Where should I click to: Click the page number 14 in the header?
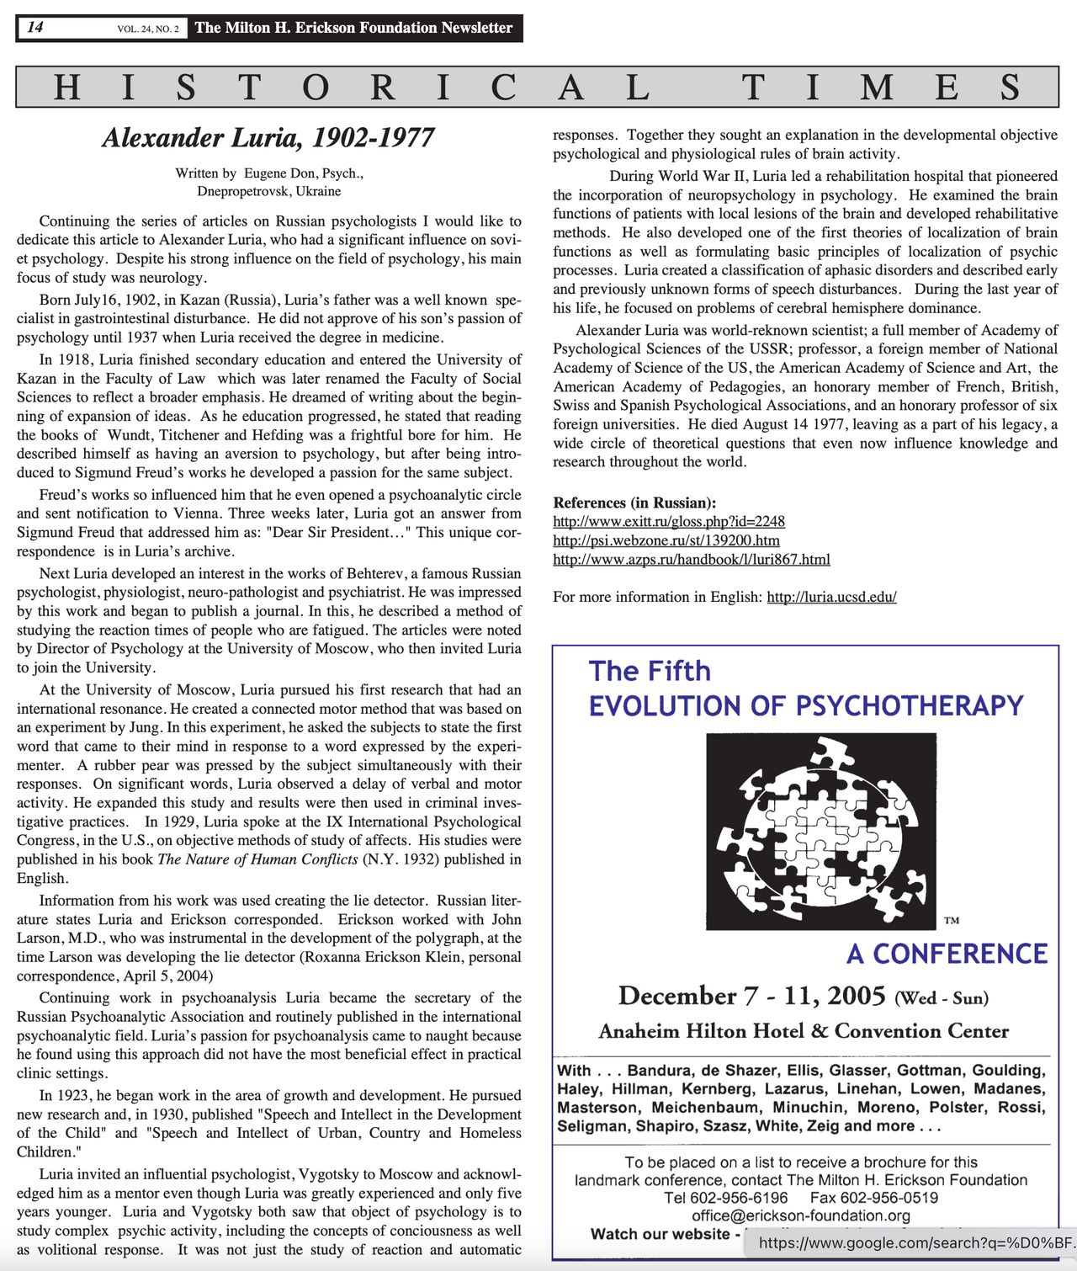click(x=35, y=27)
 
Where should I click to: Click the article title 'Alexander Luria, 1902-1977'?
click(x=268, y=138)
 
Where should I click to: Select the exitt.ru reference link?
click(x=668, y=522)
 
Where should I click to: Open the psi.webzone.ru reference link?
click(x=666, y=540)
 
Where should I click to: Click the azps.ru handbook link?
click(x=691, y=559)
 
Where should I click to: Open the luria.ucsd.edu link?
click(x=831, y=597)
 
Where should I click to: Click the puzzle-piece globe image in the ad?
click(x=820, y=831)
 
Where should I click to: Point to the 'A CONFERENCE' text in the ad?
click(x=947, y=954)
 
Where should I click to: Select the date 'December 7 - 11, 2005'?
click(x=751, y=996)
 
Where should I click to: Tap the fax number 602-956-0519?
click(x=889, y=1198)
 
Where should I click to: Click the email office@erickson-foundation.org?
click(x=801, y=1215)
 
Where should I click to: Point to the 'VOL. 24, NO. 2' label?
click(x=147, y=29)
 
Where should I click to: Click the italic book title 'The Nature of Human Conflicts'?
click(x=257, y=859)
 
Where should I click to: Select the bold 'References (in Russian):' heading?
click(x=634, y=503)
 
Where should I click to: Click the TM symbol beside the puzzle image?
click(x=951, y=921)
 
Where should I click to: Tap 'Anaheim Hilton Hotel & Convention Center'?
click(x=804, y=1031)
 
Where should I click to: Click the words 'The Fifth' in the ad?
click(x=650, y=671)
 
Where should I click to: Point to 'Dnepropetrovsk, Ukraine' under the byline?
click(x=269, y=191)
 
